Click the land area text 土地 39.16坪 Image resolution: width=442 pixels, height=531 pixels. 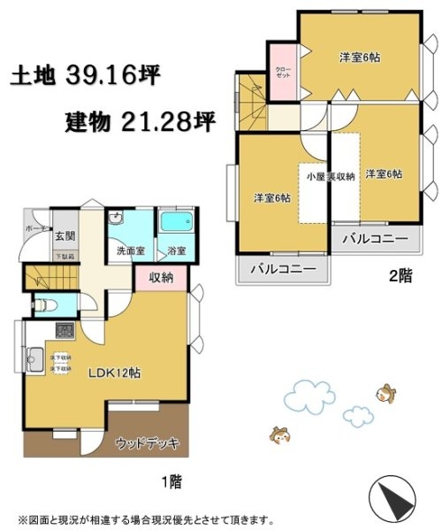pyautogui.click(x=85, y=77)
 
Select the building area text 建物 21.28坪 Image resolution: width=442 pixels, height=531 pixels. pyautogui.click(x=141, y=121)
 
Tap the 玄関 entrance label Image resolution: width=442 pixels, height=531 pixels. pyautogui.click(x=64, y=235)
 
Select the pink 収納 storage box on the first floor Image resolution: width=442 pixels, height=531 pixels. pyautogui.click(x=162, y=278)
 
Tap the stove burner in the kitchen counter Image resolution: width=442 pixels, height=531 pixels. pyautogui.click(x=65, y=332)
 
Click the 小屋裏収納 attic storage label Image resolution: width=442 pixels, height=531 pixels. pyautogui.click(x=330, y=177)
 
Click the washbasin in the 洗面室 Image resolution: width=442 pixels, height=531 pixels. pyautogui.click(x=116, y=221)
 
